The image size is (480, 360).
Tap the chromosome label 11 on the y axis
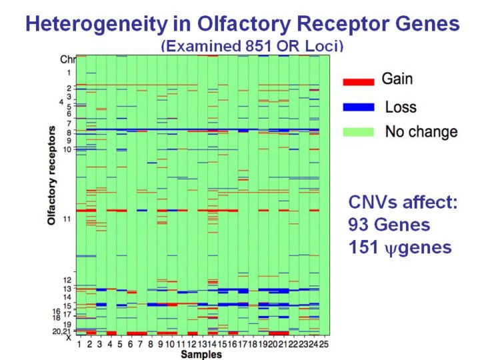coord(67,219)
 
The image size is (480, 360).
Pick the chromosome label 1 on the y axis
coord(67,72)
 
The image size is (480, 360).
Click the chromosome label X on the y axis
coord(68,337)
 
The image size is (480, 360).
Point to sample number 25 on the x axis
coord(324,344)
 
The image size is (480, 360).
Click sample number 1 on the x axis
coord(79,344)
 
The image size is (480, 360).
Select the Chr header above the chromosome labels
coord(68,59)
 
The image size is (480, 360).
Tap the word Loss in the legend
coord(400,107)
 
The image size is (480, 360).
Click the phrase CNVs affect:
coord(403,202)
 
